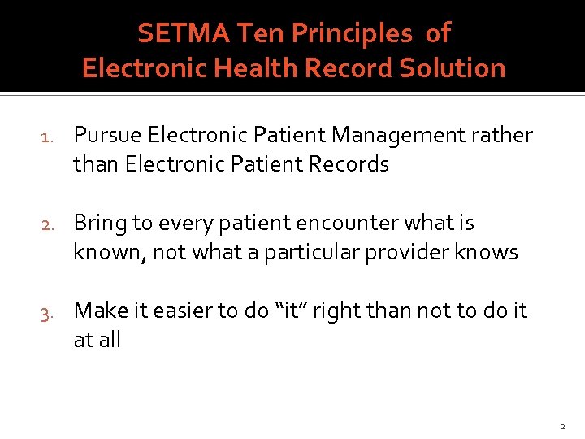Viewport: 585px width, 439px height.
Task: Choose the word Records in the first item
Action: coord(349,164)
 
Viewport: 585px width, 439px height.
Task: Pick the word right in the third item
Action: coord(383,311)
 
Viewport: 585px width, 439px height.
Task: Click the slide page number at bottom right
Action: coord(561,426)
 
